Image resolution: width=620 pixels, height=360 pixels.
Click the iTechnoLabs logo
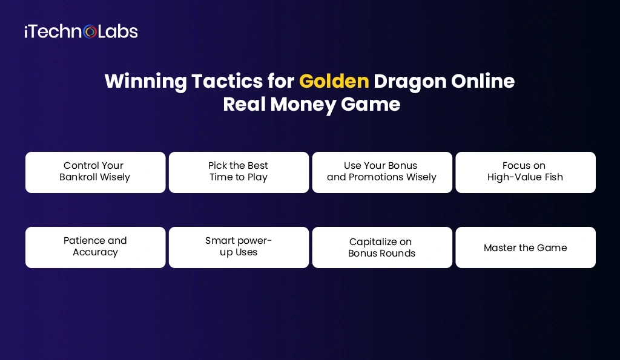(x=81, y=31)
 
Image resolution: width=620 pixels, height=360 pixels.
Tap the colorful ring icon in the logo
(x=90, y=31)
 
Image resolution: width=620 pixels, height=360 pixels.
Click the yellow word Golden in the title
(x=334, y=81)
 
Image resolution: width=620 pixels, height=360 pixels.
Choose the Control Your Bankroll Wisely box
(x=95, y=172)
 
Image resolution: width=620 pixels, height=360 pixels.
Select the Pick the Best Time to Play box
(x=239, y=172)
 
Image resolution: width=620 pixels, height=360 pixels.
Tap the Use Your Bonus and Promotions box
(x=382, y=172)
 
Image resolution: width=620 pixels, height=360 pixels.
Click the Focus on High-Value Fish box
(x=526, y=172)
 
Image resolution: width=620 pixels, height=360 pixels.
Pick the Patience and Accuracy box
(x=95, y=247)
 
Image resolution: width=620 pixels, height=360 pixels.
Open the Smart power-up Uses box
(x=239, y=247)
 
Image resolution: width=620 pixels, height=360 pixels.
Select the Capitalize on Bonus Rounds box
(x=382, y=247)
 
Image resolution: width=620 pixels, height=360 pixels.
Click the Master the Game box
(x=526, y=247)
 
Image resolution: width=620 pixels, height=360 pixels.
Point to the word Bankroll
(x=80, y=177)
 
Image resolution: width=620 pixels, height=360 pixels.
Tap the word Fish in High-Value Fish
(x=552, y=177)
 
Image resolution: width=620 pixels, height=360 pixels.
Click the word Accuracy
(x=95, y=252)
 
